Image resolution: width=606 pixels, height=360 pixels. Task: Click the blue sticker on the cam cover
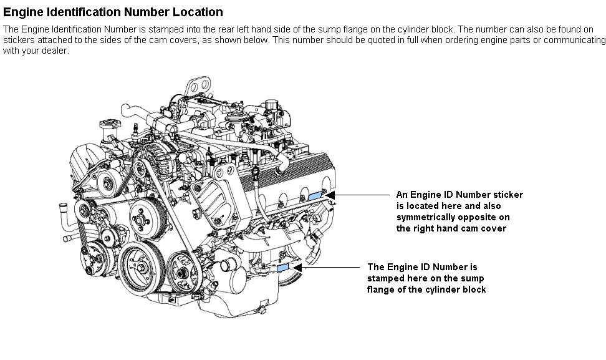(x=315, y=195)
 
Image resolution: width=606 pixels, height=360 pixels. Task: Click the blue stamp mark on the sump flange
(x=282, y=267)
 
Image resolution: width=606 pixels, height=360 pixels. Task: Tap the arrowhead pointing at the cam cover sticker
(x=330, y=195)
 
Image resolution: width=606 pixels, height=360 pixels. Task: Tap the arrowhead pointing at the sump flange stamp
(x=297, y=267)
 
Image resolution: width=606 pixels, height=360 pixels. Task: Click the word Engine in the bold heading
(x=23, y=12)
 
